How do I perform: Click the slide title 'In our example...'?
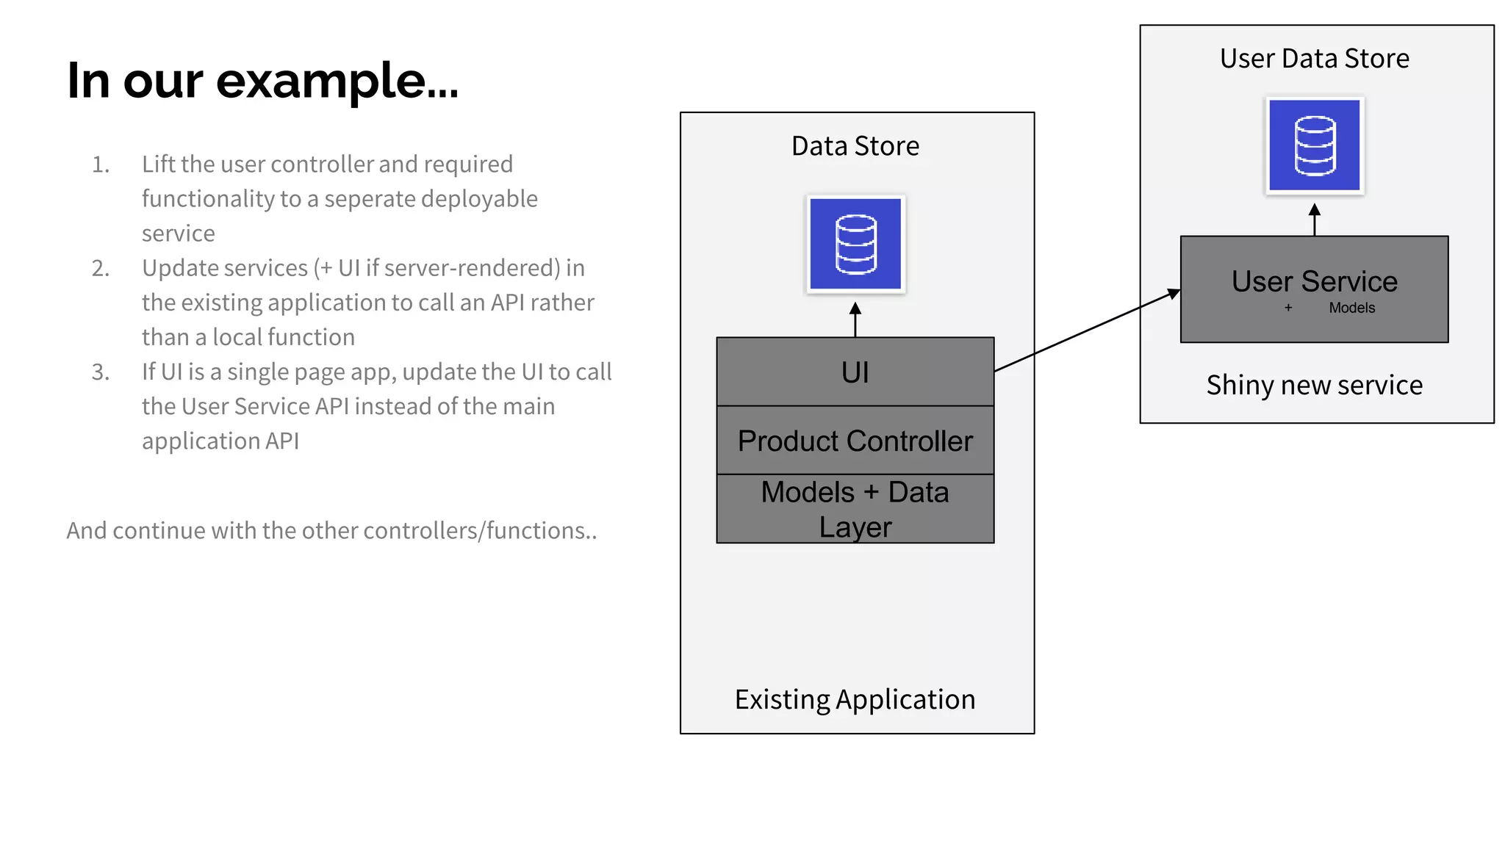pos(262,80)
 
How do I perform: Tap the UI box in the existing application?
pos(855,372)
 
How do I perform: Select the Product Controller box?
pos(855,441)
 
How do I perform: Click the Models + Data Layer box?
pos(855,509)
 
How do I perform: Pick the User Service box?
pos(1314,289)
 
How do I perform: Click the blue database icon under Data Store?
pos(855,244)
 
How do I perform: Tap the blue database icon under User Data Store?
pos(1314,145)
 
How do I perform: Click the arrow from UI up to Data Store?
pos(855,319)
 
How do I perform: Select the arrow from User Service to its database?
pos(1314,220)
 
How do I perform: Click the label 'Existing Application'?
pos(855,699)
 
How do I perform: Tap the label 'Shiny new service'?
pos(1314,385)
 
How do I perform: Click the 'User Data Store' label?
pos(1314,59)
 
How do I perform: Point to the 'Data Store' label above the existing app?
pos(855,146)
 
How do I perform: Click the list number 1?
pos(101,164)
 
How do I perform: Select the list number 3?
pos(101,372)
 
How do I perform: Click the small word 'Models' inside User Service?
pos(1351,308)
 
